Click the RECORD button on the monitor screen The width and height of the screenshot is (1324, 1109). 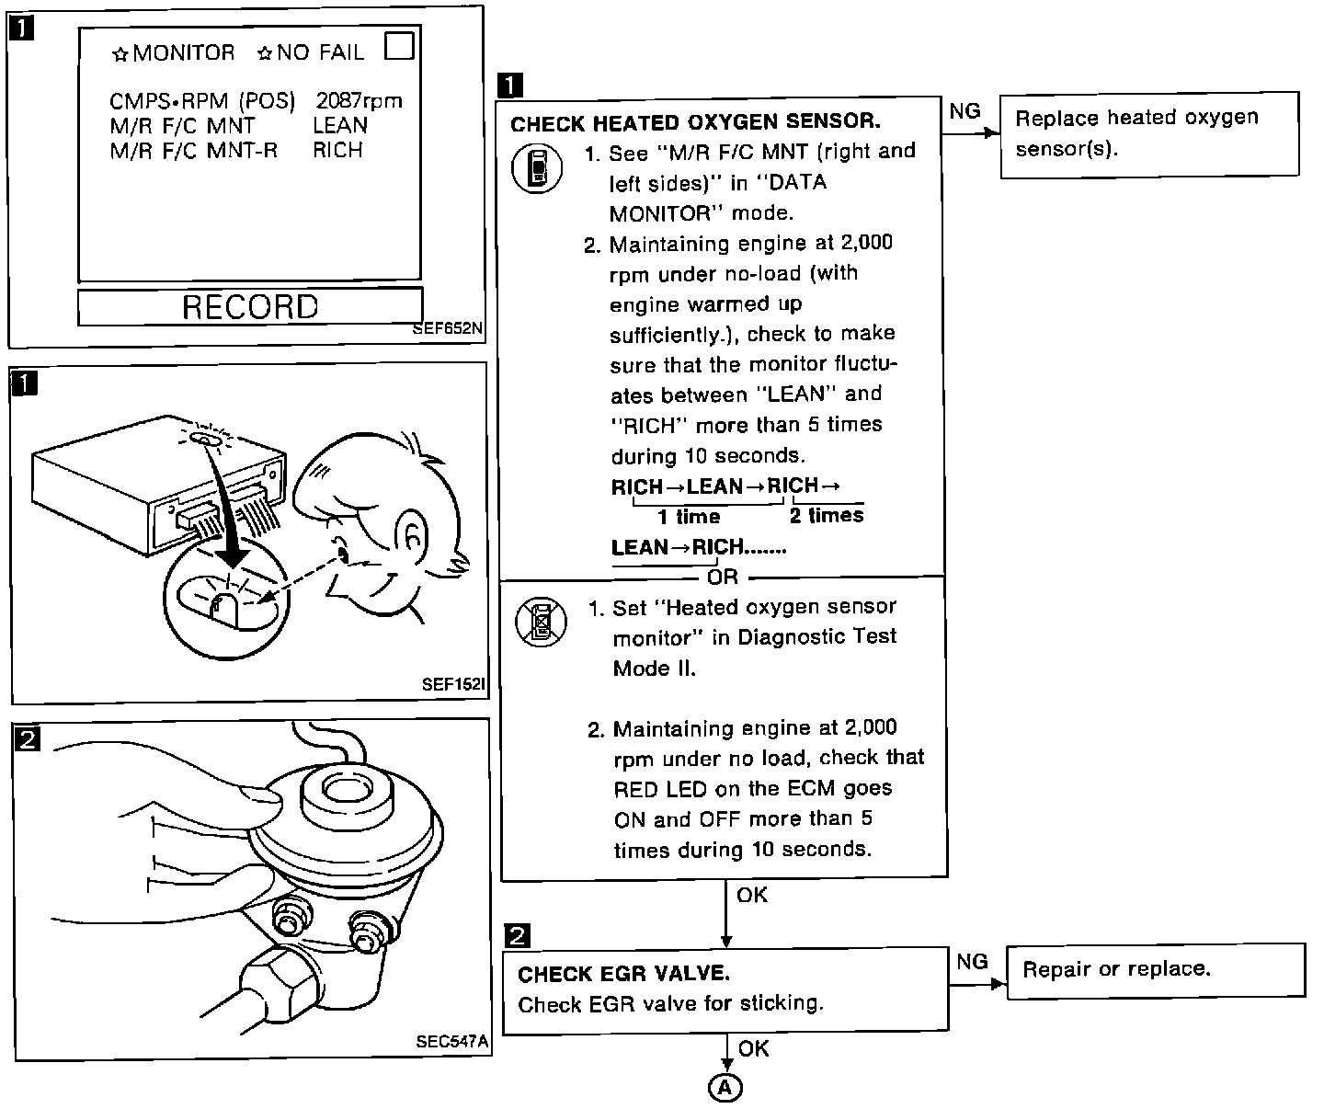250,306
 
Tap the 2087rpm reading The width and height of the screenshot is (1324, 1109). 359,100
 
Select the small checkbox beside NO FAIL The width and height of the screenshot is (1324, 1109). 399,45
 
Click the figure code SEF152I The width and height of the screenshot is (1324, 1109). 452,683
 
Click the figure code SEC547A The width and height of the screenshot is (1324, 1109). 451,1042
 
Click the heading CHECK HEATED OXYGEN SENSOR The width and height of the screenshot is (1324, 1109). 695,122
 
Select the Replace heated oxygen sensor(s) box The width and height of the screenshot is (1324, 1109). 1149,133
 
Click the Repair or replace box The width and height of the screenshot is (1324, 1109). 1155,970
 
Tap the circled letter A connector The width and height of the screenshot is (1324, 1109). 725,1088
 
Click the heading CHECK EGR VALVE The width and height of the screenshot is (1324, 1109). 623,974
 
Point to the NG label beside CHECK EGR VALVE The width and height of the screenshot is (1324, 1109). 972,961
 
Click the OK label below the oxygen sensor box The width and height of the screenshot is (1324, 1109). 752,895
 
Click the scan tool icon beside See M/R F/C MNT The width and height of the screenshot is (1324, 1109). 537,170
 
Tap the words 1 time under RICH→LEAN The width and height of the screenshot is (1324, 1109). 689,518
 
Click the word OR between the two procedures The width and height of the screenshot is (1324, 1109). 723,577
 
